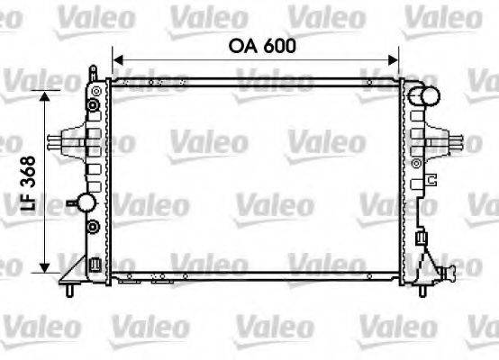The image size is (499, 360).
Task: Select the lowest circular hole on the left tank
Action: (x=92, y=224)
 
